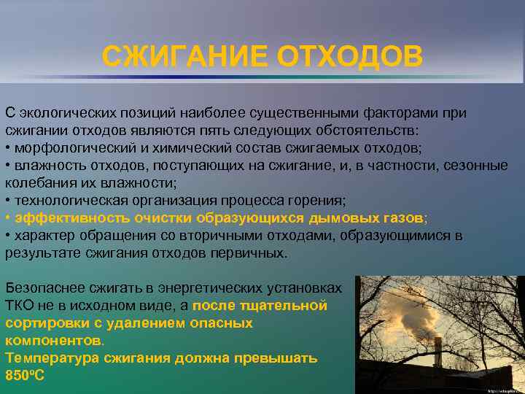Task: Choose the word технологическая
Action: pos(68,201)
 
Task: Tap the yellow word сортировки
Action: pos(44,322)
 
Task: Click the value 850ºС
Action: pos(25,375)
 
